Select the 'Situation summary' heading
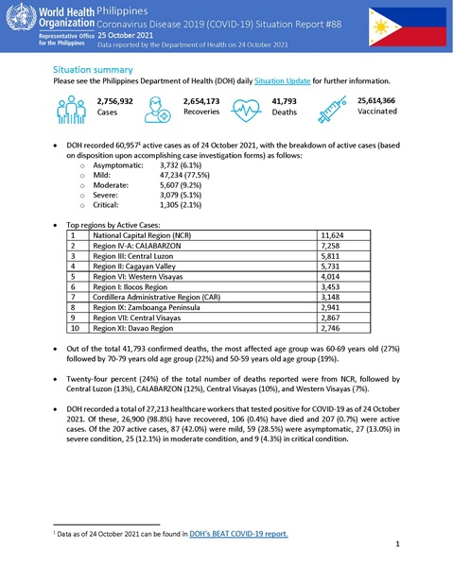pyautogui.click(x=93, y=70)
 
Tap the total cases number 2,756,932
pyautogui.click(x=114, y=100)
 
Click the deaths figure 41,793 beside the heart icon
pyautogui.click(x=285, y=100)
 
